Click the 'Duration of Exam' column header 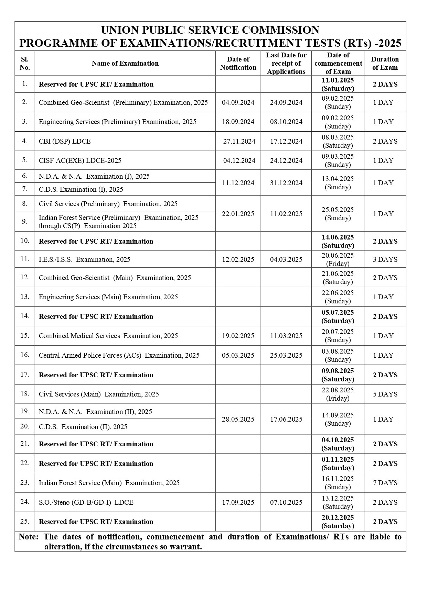point(385,63)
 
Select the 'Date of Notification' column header point(238,63)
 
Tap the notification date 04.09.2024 point(238,102)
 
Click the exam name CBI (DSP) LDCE point(65,141)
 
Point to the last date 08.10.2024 point(286,122)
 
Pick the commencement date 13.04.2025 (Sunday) point(338,183)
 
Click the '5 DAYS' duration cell point(385,394)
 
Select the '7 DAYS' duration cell point(385,483)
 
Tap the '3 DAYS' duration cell point(385,259)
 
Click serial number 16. point(25,355)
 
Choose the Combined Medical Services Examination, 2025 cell point(108,336)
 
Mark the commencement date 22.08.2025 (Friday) point(338,394)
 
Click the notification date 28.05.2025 point(238,419)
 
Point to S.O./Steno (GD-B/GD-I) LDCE point(86,502)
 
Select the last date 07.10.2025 point(286,502)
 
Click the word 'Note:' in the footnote point(28,537)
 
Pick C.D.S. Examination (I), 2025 point(81,189)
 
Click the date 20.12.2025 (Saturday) point(338,522)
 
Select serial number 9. point(25,221)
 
